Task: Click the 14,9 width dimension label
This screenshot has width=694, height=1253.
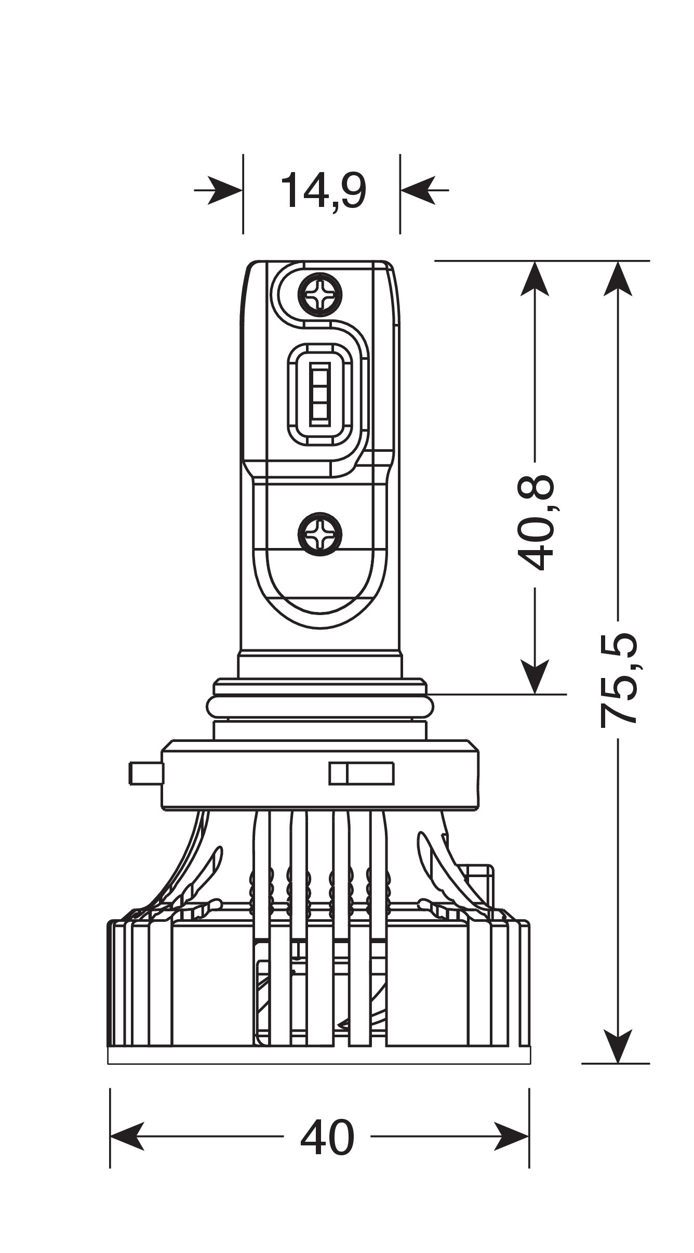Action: [x=323, y=191]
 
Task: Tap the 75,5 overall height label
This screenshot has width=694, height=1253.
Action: [x=618, y=679]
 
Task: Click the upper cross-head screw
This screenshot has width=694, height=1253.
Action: [x=320, y=295]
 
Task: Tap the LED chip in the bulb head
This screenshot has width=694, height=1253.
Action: [x=319, y=393]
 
